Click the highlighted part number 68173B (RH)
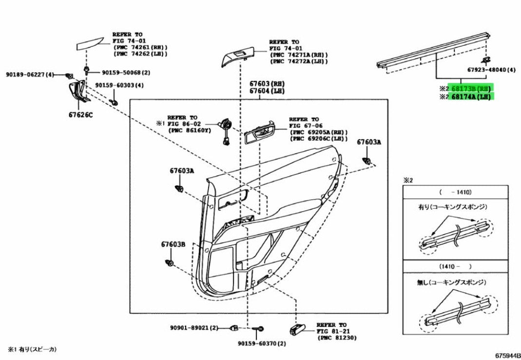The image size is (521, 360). [x=470, y=88]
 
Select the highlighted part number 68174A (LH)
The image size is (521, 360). [x=470, y=97]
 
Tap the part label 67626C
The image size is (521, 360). [x=81, y=115]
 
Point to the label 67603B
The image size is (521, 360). [x=173, y=244]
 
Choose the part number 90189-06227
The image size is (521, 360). [x=25, y=75]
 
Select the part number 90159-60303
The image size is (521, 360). [x=115, y=85]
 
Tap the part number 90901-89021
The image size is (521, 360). [x=190, y=328]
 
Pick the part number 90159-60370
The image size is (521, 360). [x=257, y=343]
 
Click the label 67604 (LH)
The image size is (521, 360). [x=267, y=91]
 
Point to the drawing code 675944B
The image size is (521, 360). [x=507, y=355]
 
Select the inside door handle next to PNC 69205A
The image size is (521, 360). [x=260, y=134]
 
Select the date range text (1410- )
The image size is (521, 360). [x=456, y=266]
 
